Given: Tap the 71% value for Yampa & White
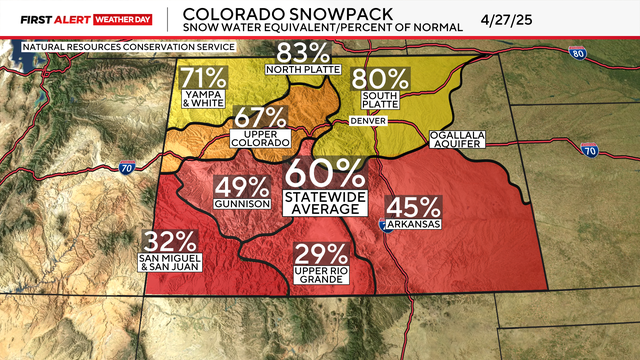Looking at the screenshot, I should (203, 77).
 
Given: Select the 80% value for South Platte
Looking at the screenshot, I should (386, 77).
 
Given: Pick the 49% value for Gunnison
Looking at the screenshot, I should (242, 187).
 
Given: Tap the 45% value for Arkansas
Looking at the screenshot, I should (415, 208).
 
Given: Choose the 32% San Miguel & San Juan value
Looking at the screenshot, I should (170, 243).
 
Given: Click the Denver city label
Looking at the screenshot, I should (368, 120).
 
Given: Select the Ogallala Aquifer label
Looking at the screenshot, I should (455, 139).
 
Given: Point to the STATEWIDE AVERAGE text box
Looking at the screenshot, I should (323, 201).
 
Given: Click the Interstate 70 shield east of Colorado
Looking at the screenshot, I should (590, 150).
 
